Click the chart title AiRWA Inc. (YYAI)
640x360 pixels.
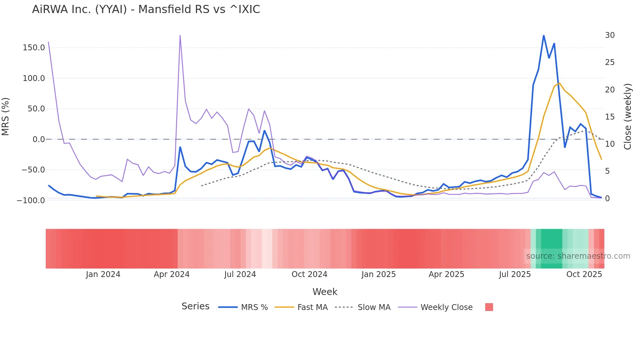pos(146,9)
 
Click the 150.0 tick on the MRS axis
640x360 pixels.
pos(34,48)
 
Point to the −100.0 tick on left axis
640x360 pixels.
pos(31,200)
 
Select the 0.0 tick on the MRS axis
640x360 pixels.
pos(39,139)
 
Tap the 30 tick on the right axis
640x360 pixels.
pos(610,35)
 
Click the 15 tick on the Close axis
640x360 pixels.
pos(610,117)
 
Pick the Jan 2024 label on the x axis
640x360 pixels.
pos(103,274)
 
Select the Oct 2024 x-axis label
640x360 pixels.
pos(309,274)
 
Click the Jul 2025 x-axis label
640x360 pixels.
pos(515,274)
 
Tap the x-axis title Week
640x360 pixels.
pos(325,292)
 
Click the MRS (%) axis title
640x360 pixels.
pos(6,117)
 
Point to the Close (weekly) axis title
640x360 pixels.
pos(628,117)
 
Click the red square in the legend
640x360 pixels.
pos(489,307)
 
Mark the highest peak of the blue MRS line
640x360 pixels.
pos(544,36)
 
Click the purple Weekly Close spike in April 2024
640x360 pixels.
pos(180,36)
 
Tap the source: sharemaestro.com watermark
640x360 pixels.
pos(578,256)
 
